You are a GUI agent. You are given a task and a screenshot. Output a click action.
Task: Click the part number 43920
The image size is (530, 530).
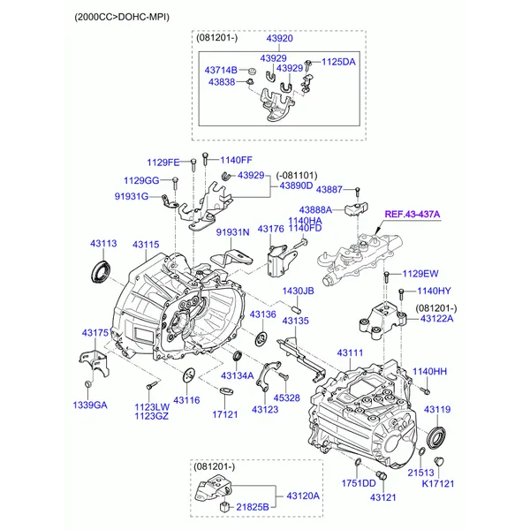point(281,40)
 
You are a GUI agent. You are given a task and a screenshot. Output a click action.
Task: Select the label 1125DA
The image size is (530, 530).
point(338,62)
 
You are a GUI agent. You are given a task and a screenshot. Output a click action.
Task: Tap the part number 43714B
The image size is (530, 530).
point(221,70)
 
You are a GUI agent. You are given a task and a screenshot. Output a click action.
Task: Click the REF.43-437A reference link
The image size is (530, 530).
point(412,215)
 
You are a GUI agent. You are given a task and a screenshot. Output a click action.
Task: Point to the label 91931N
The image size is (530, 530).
point(233,231)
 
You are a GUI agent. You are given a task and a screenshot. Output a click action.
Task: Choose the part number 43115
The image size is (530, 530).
point(146,244)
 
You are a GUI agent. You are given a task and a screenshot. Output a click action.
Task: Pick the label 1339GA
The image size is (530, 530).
point(89,405)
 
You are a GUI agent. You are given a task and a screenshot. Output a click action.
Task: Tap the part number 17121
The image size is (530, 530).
point(225,413)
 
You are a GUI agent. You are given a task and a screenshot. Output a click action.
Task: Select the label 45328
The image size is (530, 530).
point(286,398)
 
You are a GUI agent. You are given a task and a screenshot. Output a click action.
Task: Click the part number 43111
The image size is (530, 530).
point(350,353)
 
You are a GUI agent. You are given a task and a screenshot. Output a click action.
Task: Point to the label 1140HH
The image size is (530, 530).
point(430,372)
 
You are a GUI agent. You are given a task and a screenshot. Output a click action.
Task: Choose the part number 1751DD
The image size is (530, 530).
point(360,483)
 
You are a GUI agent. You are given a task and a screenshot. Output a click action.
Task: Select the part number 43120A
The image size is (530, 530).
point(302,496)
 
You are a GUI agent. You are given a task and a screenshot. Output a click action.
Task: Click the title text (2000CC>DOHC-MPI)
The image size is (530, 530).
point(122,16)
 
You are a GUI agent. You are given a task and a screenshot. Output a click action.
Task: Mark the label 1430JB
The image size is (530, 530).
point(298,291)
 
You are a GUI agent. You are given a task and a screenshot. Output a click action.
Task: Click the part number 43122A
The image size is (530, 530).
point(436,318)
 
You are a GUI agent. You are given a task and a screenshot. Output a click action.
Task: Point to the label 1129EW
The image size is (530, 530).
point(420,274)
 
